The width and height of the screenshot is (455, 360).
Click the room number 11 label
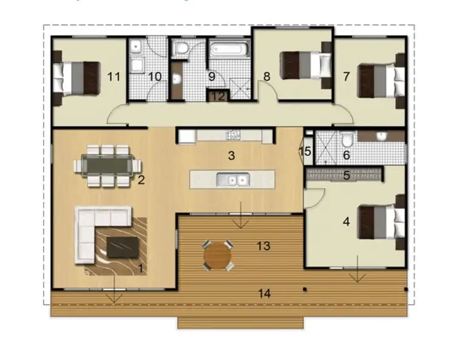click(113, 76)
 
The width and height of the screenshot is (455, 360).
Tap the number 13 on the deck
click(263, 246)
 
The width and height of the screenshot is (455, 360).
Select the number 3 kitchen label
click(231, 155)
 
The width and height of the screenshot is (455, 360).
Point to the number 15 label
click(306, 151)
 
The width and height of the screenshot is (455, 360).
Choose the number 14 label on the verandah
click(264, 294)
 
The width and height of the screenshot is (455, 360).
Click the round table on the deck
click(217, 255)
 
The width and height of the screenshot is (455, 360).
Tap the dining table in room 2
click(106, 163)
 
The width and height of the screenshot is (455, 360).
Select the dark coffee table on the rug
click(124, 246)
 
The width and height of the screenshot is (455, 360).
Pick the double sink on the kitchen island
click(233, 179)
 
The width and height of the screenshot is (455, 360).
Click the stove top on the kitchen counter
click(233, 134)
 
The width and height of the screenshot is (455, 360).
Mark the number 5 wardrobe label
click(347, 176)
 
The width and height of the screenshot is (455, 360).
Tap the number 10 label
click(155, 76)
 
